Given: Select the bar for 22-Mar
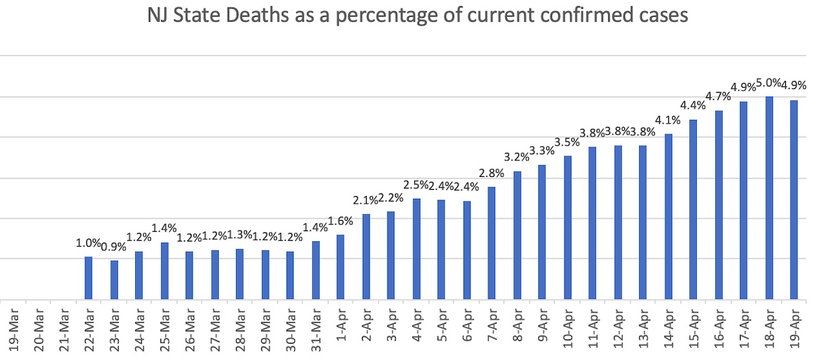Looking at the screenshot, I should click(x=88, y=278).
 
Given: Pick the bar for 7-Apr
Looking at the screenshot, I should click(x=492, y=243).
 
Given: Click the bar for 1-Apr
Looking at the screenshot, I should click(x=340, y=267).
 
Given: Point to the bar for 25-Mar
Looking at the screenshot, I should click(x=165, y=271).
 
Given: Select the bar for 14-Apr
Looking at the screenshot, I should click(x=668, y=216).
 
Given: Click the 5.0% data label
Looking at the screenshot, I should click(x=769, y=84).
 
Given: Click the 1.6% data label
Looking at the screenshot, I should click(x=340, y=221).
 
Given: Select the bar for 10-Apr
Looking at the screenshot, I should click(x=568, y=228).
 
